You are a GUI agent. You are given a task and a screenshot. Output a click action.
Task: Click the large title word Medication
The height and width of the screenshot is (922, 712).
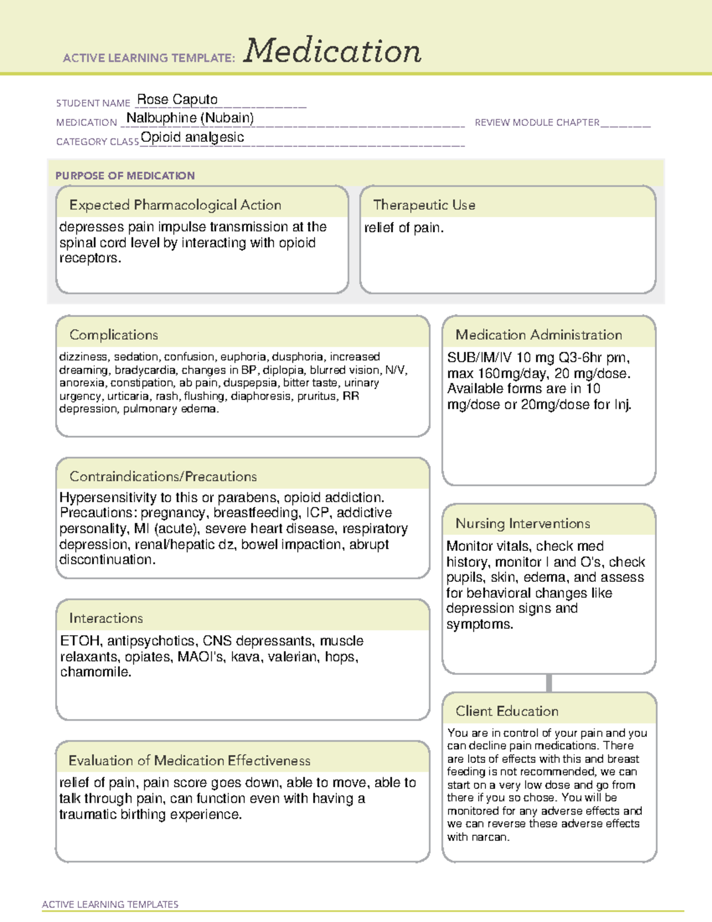[332, 51]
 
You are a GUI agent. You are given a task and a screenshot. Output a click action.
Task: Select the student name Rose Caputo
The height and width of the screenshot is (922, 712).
[177, 100]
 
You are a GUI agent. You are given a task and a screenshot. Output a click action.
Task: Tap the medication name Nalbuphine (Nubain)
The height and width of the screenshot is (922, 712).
[190, 118]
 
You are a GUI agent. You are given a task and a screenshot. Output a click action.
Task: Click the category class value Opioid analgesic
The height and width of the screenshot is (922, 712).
[192, 138]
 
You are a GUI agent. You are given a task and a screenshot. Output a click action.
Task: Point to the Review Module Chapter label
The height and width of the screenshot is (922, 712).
[537, 123]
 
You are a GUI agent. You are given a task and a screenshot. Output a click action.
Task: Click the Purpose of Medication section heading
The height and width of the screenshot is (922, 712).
[125, 176]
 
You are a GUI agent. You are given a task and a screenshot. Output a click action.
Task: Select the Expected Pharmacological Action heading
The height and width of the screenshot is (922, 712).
[175, 205]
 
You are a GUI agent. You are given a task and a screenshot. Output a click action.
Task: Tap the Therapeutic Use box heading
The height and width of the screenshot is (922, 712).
[424, 205]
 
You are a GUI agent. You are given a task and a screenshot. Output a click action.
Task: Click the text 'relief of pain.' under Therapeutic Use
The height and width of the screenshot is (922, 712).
[403, 228]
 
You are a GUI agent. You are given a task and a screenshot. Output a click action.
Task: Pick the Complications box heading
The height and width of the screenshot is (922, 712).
[113, 335]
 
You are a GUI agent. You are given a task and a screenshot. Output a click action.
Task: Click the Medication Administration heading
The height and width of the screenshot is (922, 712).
[538, 335]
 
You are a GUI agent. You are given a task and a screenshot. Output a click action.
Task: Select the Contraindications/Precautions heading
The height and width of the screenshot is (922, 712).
[163, 477]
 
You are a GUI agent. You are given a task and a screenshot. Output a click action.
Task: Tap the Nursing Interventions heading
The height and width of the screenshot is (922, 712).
[522, 524]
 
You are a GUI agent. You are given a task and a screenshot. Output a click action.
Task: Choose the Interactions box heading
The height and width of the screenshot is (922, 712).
[106, 619]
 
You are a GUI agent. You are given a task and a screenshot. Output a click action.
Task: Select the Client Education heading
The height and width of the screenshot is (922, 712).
[507, 711]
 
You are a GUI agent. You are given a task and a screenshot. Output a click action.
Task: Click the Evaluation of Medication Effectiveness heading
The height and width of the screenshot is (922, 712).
[189, 761]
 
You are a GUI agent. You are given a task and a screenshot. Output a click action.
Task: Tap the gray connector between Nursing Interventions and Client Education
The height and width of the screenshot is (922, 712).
[549, 683]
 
